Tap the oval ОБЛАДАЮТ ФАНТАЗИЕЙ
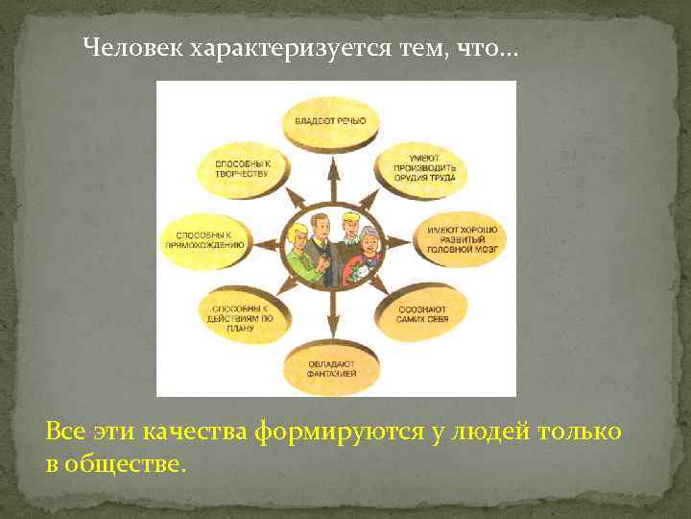click(332, 366)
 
